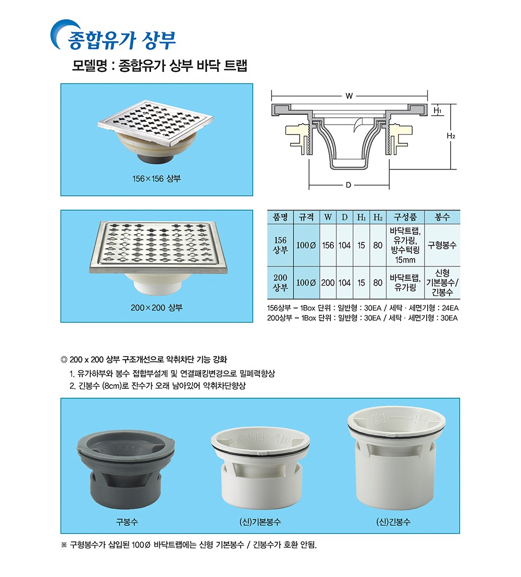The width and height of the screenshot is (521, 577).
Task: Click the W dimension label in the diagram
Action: (349, 96)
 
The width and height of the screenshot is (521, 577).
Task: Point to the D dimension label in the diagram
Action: (348, 185)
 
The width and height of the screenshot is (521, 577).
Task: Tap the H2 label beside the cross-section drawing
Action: (451, 136)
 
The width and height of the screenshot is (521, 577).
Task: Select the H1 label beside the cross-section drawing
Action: (438, 110)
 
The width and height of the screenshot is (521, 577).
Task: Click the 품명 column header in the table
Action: (280, 217)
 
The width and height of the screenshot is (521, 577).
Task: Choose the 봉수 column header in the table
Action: (442, 217)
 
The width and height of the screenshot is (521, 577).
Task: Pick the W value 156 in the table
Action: (328, 245)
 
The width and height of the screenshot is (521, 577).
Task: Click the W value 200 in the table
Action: (328, 283)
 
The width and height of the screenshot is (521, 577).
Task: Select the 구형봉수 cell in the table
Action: (442, 245)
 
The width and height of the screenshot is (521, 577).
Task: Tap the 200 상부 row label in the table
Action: (280, 283)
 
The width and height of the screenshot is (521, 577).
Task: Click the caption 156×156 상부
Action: (156, 179)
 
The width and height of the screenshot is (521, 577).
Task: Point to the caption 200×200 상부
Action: (156, 308)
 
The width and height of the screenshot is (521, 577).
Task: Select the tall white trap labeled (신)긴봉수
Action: (396, 458)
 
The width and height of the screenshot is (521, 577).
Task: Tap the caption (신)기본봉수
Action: (260, 522)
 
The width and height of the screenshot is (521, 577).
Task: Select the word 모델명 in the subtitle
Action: (90, 66)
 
